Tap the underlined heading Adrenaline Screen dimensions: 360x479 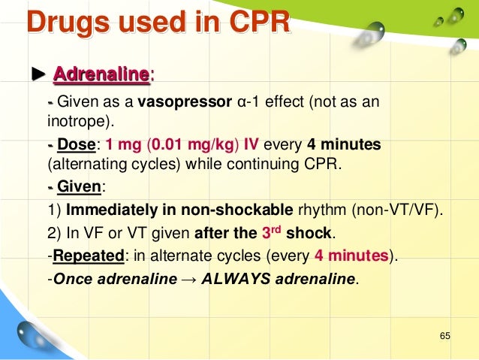click(x=101, y=75)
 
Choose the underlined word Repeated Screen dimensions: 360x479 click(x=87, y=256)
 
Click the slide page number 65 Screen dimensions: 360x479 click(x=444, y=334)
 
